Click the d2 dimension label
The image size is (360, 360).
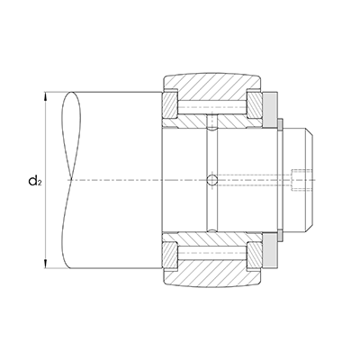pos(34,181)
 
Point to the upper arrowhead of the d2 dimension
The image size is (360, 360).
pos(45,95)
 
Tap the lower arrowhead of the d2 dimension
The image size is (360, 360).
pos(45,264)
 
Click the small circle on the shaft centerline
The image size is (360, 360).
pos(212,180)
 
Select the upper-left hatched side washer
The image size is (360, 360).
pos(169,104)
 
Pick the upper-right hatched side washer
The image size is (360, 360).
pos(255,104)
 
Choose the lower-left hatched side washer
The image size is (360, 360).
pos(169,256)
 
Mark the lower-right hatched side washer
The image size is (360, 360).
pos(255,256)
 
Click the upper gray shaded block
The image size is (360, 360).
pos(270,109)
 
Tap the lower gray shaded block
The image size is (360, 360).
pos(270,250)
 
